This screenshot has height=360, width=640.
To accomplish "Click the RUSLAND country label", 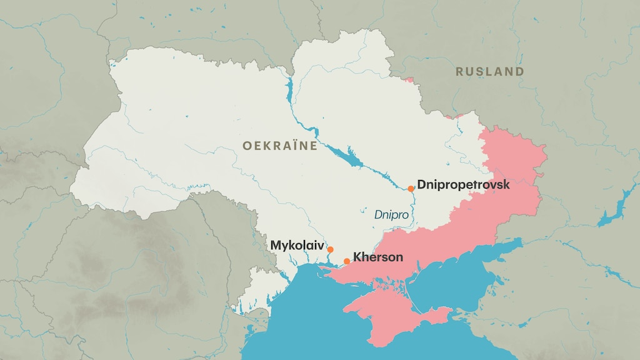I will pyautogui.click(x=489, y=72).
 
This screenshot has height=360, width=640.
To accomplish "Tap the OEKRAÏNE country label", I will pyautogui.click(x=279, y=146).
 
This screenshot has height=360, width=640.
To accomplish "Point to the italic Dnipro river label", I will pyautogui.click(x=391, y=214).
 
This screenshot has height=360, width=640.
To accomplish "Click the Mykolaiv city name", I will pyautogui.click(x=297, y=246).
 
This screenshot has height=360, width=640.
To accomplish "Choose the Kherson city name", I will pyautogui.click(x=378, y=257).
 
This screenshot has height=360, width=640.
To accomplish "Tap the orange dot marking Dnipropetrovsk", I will pyautogui.click(x=411, y=188).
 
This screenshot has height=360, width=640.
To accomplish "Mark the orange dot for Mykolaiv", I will pyautogui.click(x=330, y=249).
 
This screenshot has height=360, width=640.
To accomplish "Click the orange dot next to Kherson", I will pyautogui.click(x=347, y=261).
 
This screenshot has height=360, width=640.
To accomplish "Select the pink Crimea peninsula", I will pyautogui.click(x=387, y=312).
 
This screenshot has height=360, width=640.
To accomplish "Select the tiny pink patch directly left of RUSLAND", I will pyautogui.click(x=409, y=80).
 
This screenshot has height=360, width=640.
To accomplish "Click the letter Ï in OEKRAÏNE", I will pyautogui.click(x=294, y=146).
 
